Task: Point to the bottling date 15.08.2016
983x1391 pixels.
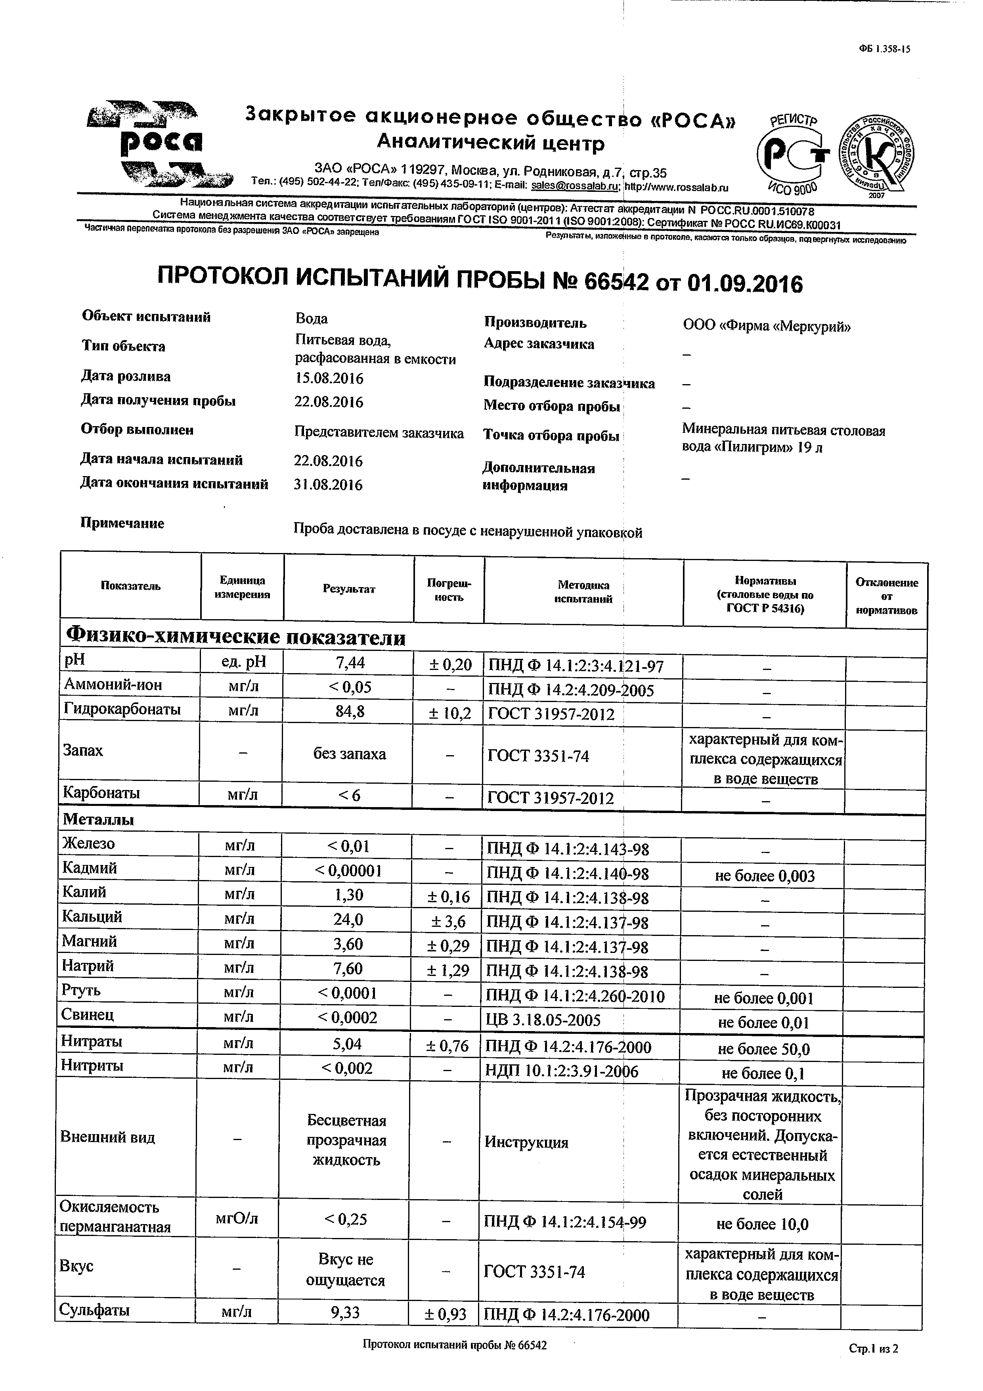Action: [329, 379]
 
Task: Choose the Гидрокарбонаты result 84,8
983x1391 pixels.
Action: [350, 711]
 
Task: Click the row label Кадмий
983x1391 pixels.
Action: [90, 868]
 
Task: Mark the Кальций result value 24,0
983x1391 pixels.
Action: [348, 919]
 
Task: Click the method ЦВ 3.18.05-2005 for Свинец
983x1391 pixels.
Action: [543, 1020]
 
